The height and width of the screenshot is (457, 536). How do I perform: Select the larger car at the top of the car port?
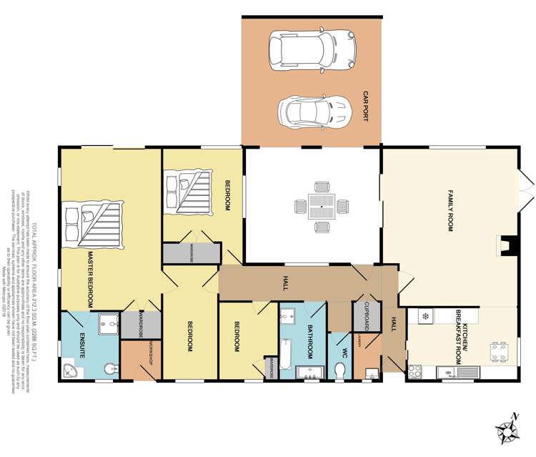[x=312, y=49]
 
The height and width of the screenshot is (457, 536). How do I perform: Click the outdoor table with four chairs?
[x=322, y=207]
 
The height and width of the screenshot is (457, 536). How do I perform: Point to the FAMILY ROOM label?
[x=451, y=207]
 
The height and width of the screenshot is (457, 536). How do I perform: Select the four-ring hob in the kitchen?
[x=415, y=371]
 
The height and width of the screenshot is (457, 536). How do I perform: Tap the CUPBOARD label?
[x=364, y=313]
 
